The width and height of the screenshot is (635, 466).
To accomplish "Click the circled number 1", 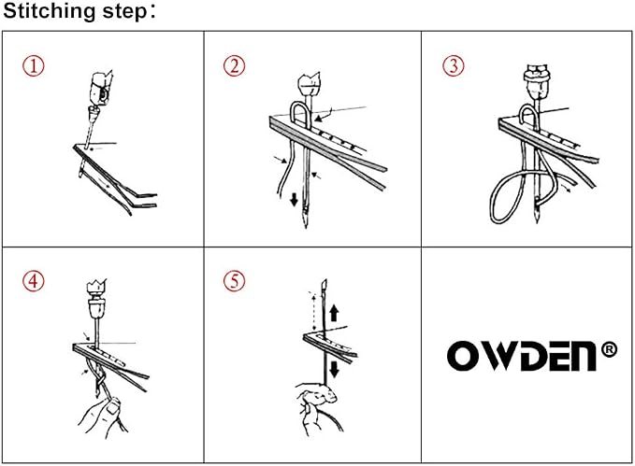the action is tap(34, 66).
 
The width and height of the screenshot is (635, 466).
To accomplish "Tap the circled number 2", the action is tap(235, 66).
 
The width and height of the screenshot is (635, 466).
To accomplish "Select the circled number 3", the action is tap(454, 66).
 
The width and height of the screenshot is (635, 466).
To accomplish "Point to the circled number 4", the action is tap(34, 281).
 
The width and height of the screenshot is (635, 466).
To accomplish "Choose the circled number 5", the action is tap(235, 281).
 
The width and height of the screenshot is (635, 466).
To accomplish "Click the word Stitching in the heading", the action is tap(50, 11).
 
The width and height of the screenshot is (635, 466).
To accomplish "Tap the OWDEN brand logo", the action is tap(522, 356).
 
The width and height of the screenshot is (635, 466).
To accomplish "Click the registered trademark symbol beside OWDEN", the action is tap(609, 350).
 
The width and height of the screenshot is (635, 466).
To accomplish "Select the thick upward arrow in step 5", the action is tap(334, 314).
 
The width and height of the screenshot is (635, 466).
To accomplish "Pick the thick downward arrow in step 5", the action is tap(334, 369).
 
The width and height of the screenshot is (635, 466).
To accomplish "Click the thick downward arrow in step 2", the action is tap(295, 200).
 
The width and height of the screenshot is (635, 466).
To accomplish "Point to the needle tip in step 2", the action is tap(306, 227).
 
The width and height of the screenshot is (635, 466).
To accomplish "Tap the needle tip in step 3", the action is tap(537, 220).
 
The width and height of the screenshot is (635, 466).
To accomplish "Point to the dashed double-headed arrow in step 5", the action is tap(313, 311).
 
